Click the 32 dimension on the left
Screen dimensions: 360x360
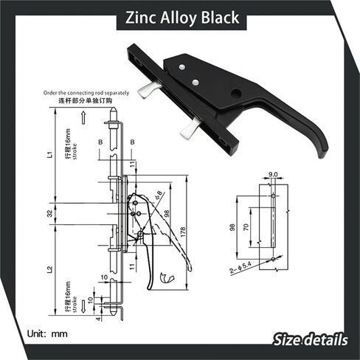coord(49,214)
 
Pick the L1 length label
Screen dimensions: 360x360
coord(49,155)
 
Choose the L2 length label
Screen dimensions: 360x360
coord(49,271)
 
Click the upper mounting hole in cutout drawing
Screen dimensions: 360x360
coord(273,195)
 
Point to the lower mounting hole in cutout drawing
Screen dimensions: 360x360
coord(273,259)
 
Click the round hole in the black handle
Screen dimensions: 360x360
coord(235,94)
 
